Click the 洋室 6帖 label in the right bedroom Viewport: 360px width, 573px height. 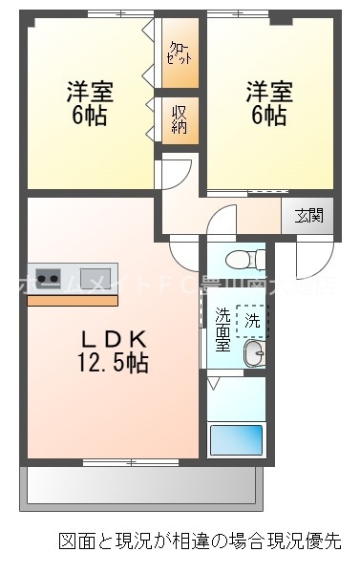[x=267, y=104]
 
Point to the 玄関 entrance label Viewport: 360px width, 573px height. [x=307, y=215]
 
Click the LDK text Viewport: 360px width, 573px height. [x=112, y=339]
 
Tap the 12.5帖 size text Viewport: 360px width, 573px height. [x=112, y=364]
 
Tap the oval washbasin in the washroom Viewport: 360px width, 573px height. [x=252, y=356]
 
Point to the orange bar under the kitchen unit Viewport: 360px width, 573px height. [x=73, y=300]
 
